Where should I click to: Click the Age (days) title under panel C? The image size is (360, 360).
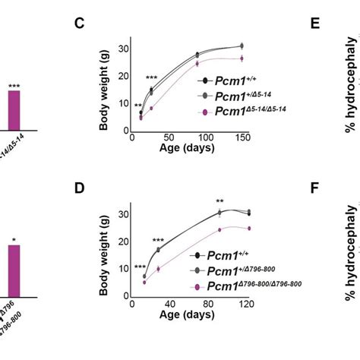pyautogui.click(x=185, y=149)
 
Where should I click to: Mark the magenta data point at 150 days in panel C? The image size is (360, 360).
pyautogui.click(x=242, y=58)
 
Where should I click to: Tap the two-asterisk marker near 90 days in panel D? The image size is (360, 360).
pyautogui.click(x=219, y=202)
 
